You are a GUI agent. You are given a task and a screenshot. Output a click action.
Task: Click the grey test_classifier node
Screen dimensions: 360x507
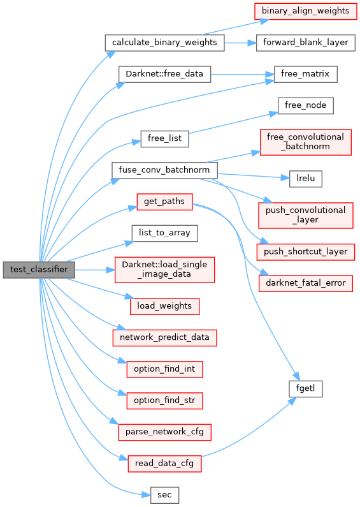(39, 270)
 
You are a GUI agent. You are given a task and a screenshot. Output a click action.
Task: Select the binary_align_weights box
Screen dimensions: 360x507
(305, 11)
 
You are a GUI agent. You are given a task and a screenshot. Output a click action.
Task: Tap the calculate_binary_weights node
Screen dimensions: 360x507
(164, 43)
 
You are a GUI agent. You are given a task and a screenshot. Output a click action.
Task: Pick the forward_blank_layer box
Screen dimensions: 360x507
(306, 43)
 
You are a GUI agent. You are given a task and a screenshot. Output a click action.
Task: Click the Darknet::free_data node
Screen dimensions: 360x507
(164, 75)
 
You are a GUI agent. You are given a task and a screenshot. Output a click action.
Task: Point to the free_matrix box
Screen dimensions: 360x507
(305, 75)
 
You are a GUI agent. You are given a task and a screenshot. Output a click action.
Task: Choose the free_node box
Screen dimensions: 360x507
(305, 106)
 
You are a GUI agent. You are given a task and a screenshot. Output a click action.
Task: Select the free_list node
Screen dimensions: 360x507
(164, 139)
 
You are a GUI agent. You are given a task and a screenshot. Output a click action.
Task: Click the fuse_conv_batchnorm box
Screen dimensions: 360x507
(164, 170)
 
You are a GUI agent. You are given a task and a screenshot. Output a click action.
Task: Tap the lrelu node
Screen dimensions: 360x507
(305, 179)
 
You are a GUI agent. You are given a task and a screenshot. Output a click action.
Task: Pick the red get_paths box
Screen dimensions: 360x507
(164, 202)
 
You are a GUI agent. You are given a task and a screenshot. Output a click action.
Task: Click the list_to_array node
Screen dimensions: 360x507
(164, 233)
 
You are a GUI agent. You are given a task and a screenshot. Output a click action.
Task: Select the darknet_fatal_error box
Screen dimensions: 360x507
(305, 283)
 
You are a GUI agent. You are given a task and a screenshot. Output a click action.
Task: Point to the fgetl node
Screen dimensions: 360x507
(305, 388)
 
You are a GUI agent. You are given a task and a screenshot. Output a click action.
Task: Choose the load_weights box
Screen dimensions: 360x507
(164, 306)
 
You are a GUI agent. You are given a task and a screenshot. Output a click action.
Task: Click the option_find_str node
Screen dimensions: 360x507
(164, 400)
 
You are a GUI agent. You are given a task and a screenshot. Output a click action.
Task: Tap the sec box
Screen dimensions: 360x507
(164, 495)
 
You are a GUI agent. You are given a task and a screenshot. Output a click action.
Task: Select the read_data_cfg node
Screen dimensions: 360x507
(164, 464)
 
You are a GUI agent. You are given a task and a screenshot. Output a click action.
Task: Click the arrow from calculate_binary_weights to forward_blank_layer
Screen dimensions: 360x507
(240, 43)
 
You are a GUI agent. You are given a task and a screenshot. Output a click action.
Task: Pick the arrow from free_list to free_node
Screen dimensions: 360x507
(233, 122)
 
